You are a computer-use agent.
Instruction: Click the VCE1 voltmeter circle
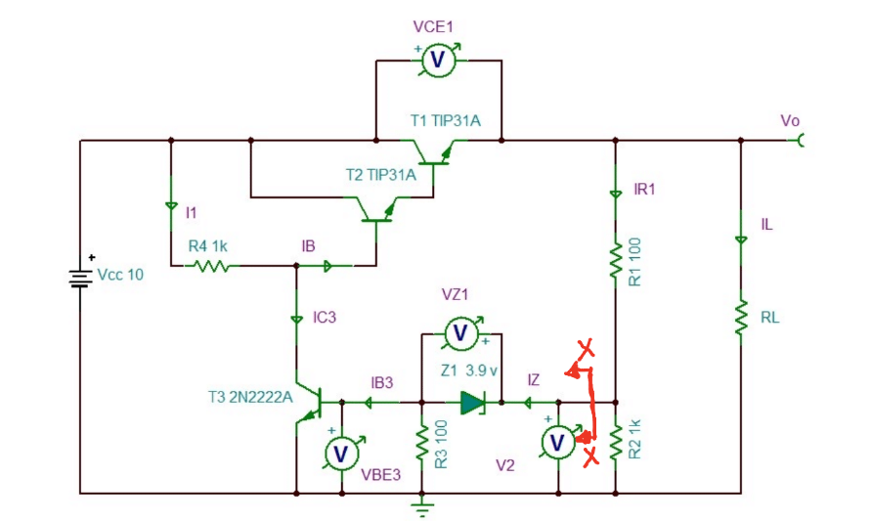[438, 61]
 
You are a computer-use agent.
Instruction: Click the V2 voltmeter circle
[557, 443]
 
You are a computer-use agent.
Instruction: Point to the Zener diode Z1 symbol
[473, 402]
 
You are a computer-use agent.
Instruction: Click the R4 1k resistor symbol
[211, 265]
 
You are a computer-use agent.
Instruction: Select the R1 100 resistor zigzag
[616, 261]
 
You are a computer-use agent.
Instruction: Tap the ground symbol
[421, 507]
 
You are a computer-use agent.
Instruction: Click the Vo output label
[790, 121]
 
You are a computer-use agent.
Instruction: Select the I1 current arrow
[171, 206]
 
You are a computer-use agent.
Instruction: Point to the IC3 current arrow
[295, 319]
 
